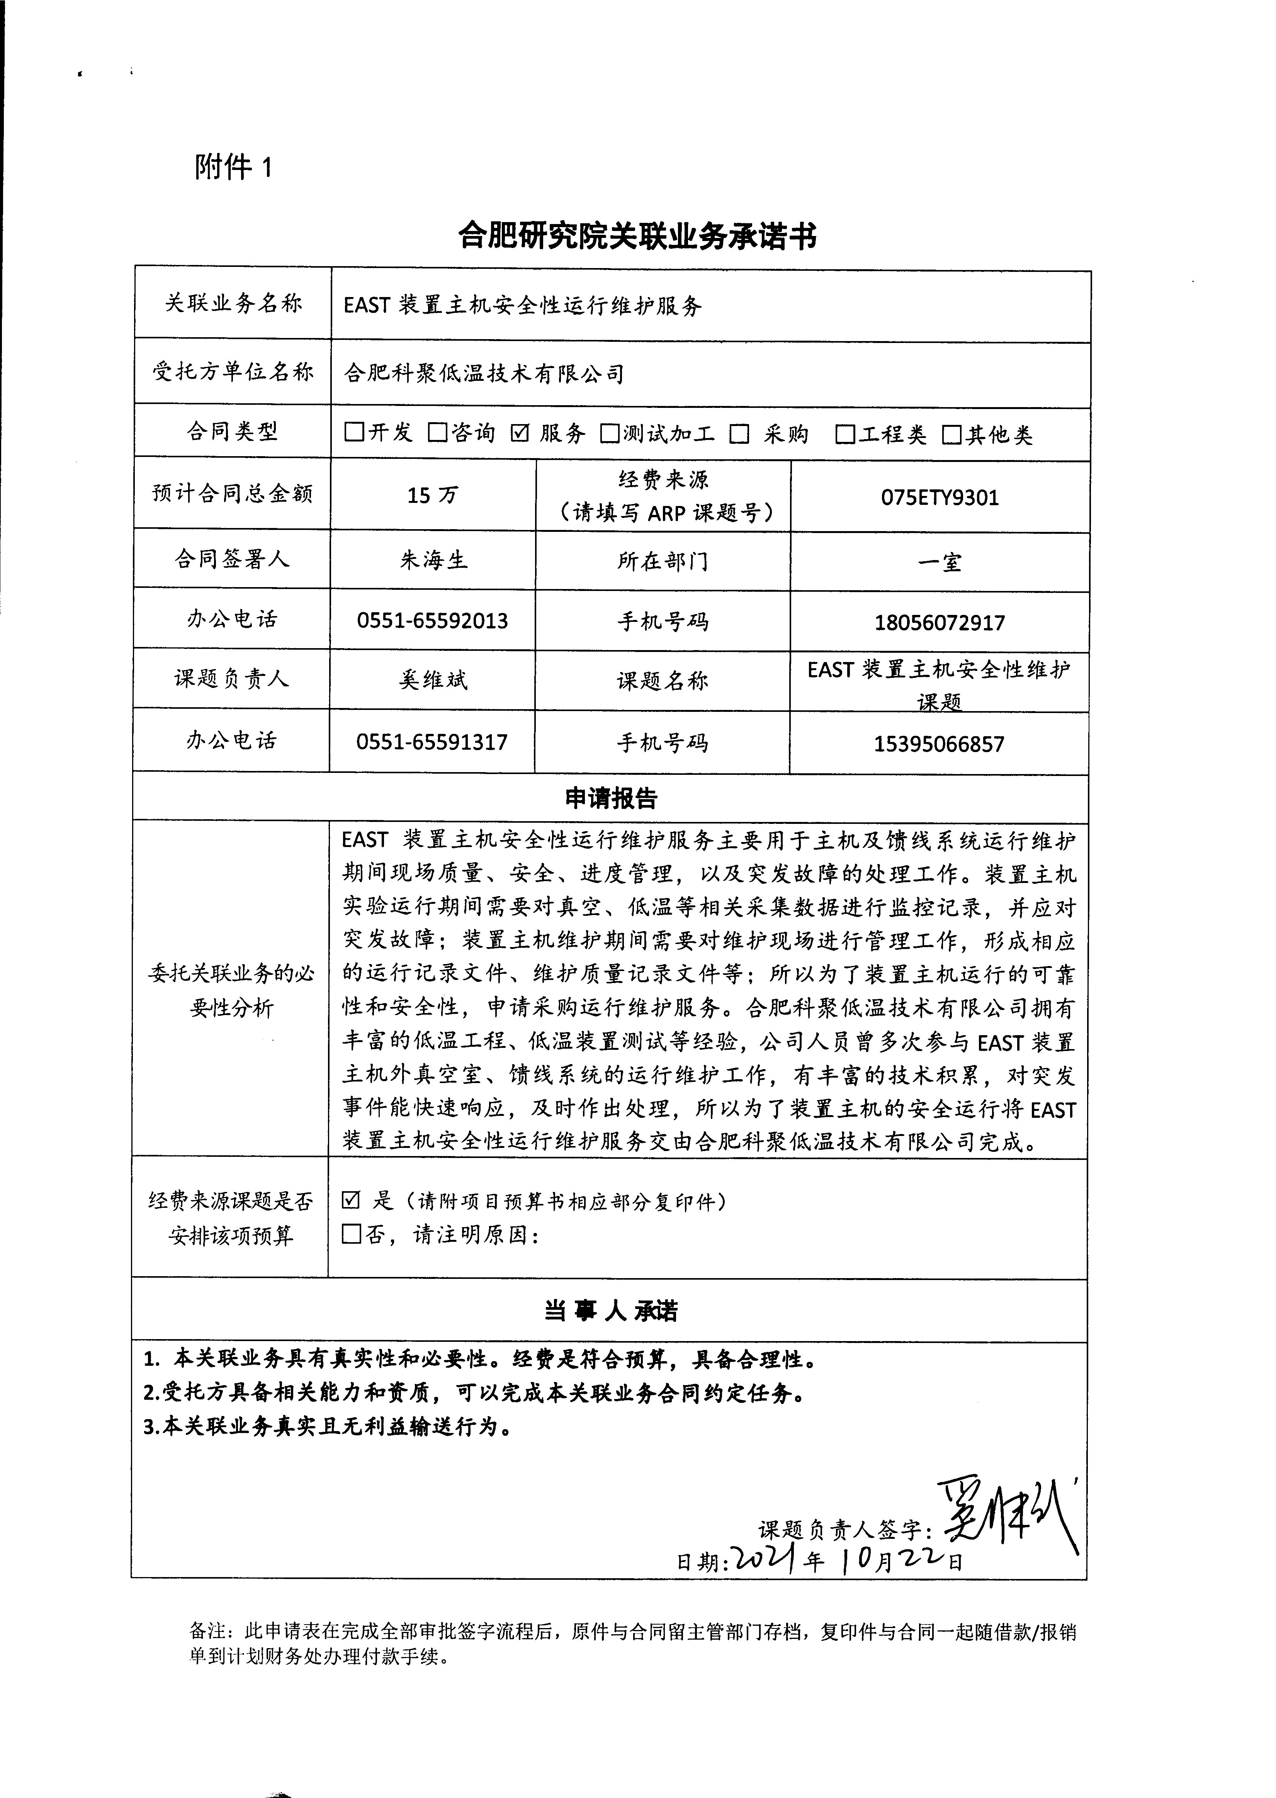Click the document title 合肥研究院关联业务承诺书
(637, 236)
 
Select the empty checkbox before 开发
(354, 432)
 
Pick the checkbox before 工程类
(844, 435)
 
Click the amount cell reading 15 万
(432, 495)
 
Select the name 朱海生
(433, 560)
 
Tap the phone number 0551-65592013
(432, 621)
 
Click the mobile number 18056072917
(940, 623)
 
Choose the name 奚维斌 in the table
(433, 679)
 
